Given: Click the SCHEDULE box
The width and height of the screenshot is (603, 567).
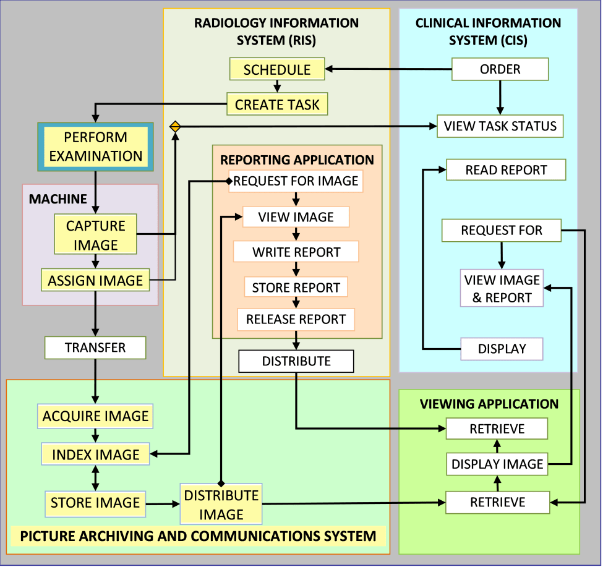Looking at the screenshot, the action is click(277, 69).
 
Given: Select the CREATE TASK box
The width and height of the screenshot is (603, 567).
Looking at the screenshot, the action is click(277, 104).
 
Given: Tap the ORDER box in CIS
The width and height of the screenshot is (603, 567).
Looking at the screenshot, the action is click(500, 69).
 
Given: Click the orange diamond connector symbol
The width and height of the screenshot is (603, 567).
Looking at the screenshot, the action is click(175, 127).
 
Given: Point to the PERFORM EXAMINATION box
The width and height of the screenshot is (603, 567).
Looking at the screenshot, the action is click(95, 147).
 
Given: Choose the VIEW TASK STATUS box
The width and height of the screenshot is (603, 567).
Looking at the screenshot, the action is click(500, 126).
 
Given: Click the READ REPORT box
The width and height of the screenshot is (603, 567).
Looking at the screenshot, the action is click(506, 169).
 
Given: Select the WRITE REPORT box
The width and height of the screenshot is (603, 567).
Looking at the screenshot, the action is click(296, 252).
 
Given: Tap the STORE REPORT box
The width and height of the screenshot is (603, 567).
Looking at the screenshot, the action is click(296, 287).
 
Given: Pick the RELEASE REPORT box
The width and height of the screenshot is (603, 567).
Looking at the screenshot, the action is click(296, 319).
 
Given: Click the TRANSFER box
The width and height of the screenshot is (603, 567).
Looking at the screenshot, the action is click(95, 347).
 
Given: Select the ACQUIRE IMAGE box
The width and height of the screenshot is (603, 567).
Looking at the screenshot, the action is click(95, 416).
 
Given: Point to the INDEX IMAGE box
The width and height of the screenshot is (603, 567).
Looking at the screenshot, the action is click(95, 454).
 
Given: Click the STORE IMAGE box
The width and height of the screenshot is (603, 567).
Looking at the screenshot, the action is click(95, 503).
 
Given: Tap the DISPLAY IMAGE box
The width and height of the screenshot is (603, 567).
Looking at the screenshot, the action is click(497, 464).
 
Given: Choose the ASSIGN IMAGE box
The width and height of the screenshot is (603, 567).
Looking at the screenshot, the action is click(95, 280).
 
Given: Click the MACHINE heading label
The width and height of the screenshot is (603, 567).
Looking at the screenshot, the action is click(58, 199).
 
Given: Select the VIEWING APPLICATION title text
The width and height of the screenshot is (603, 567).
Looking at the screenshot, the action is click(489, 404).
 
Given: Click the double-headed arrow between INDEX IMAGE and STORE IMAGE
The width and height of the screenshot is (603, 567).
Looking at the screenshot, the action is click(95, 478).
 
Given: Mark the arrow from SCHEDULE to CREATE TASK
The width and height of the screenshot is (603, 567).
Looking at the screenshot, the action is click(277, 87).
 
